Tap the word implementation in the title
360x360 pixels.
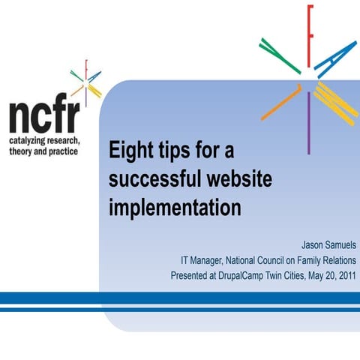pyautogui.click(x=175, y=207)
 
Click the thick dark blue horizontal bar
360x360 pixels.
pyautogui.click(x=180, y=298)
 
